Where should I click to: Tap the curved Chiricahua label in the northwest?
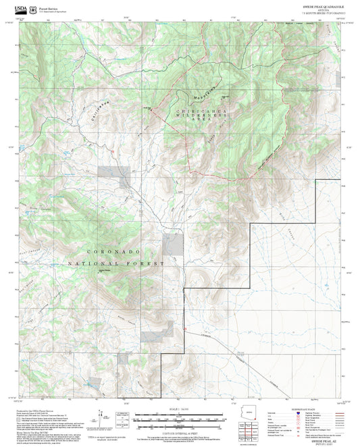100,110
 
